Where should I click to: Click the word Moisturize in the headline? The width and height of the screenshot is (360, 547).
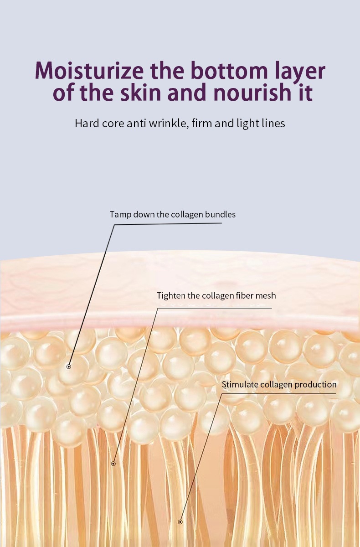pyautogui.click(x=89, y=70)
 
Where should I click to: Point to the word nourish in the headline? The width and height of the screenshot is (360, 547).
pyautogui.click(x=252, y=92)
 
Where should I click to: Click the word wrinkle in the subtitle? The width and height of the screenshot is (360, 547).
pyautogui.click(x=169, y=124)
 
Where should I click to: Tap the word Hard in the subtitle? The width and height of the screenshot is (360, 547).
pyautogui.click(x=87, y=124)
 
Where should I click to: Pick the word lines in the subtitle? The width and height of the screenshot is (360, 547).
pyautogui.click(x=273, y=124)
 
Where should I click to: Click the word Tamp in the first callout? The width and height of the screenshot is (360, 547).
pyautogui.click(x=117, y=215)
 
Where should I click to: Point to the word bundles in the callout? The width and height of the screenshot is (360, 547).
pyautogui.click(x=220, y=214)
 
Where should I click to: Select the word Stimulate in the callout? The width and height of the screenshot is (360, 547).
pyautogui.click(x=240, y=385)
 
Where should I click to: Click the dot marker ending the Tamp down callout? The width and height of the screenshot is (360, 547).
pyautogui.click(x=69, y=366)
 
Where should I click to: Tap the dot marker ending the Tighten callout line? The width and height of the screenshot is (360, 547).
pyautogui.click(x=113, y=464)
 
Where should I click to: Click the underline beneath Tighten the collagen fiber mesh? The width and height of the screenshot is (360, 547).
pyautogui.click(x=215, y=308)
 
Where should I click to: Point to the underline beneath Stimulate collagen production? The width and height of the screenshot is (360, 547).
pyautogui.click(x=279, y=393)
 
